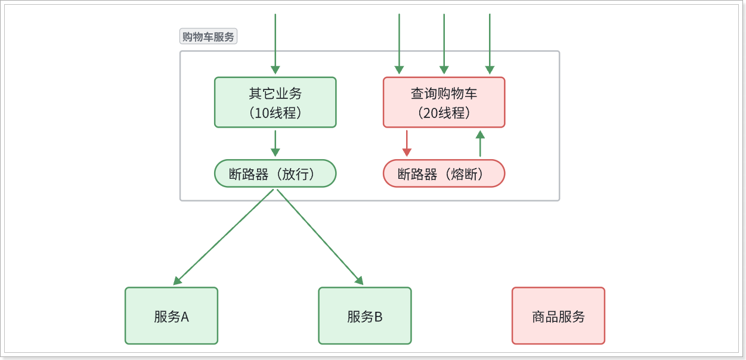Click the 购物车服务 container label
tap(208, 36)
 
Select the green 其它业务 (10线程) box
tap(275, 102)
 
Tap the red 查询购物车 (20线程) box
tap(444, 102)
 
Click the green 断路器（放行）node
tap(275, 173)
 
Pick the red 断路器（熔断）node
tap(444, 173)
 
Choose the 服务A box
tap(172, 316)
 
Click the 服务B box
tap(365, 316)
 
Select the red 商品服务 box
tap(559, 316)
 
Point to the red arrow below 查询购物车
tap(407, 144)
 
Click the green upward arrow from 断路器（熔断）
tap(480, 144)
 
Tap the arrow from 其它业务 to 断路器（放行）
tap(275, 144)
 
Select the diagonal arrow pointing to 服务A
tap(224, 237)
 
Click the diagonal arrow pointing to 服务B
tap(320, 237)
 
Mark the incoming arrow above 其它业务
tap(275, 44)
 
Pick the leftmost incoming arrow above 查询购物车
tap(399, 44)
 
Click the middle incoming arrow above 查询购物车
tap(444, 44)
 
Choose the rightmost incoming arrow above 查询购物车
tap(490, 44)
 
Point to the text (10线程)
tap(275, 113)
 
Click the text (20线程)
tap(444, 113)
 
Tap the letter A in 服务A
tap(185, 316)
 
